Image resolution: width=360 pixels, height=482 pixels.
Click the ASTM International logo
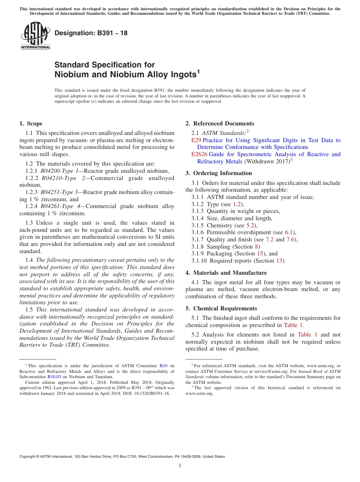point(35,36)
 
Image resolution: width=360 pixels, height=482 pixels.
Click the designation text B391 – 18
point(91,33)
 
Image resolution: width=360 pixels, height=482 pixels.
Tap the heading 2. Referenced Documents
point(220,124)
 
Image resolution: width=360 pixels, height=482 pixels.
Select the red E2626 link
point(199,154)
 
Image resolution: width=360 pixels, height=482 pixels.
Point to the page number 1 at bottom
point(180,466)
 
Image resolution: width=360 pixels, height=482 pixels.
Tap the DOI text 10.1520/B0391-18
point(151,393)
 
